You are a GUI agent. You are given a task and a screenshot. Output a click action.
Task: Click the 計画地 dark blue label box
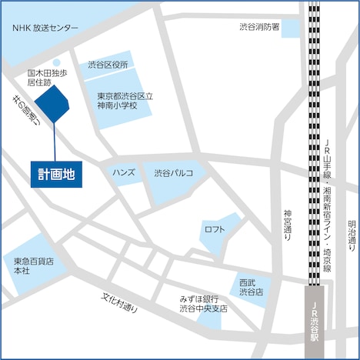point(56,174)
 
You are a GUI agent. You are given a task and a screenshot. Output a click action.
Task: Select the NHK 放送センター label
point(45,28)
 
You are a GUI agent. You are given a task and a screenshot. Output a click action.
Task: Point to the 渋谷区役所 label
point(108,65)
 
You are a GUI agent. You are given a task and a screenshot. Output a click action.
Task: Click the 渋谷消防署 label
point(258,27)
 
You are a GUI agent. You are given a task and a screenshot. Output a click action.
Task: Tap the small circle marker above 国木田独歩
point(57,63)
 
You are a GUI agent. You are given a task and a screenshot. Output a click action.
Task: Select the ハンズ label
point(123,173)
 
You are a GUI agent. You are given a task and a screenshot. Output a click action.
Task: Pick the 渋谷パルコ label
point(173,173)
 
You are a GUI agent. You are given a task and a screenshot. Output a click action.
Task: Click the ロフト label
point(215,230)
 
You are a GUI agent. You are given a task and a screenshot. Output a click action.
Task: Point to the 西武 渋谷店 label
point(251,287)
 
